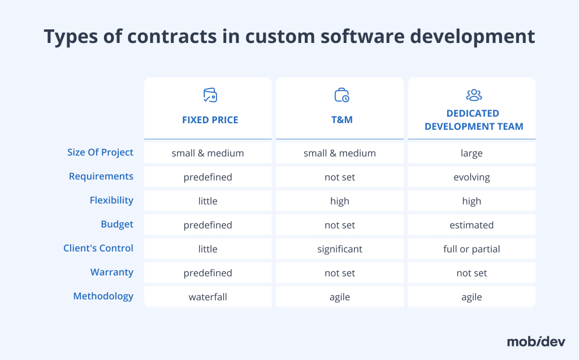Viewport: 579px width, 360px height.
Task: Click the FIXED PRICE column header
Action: pyautogui.click(x=210, y=120)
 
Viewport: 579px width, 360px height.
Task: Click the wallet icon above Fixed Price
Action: pyautogui.click(x=210, y=95)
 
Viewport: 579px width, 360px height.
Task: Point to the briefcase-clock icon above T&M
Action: pyautogui.click(x=342, y=95)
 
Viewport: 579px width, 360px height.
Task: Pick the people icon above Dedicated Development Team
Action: pyautogui.click(x=473, y=95)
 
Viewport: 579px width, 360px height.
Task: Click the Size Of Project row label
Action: pyautogui.click(x=100, y=152)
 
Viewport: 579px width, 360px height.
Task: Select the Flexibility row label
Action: pyautogui.click(x=111, y=200)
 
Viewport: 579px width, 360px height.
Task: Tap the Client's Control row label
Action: pyautogui.click(x=98, y=248)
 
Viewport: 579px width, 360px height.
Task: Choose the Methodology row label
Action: pyautogui.click(x=103, y=296)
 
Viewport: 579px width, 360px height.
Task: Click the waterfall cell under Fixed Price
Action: pyautogui.click(x=208, y=297)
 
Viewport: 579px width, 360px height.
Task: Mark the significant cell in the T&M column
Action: pyautogui.click(x=340, y=249)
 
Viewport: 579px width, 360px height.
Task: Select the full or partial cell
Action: pyautogui.click(x=472, y=249)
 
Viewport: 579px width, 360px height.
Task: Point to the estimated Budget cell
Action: pyautogui.click(x=472, y=225)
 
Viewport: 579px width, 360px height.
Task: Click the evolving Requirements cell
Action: pyautogui.click(x=472, y=177)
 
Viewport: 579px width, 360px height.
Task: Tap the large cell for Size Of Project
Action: pyautogui.click(x=472, y=153)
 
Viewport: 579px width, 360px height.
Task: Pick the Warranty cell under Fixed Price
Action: pyautogui.click(x=208, y=273)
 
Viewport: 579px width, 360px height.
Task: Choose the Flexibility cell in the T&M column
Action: pyautogui.click(x=340, y=201)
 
